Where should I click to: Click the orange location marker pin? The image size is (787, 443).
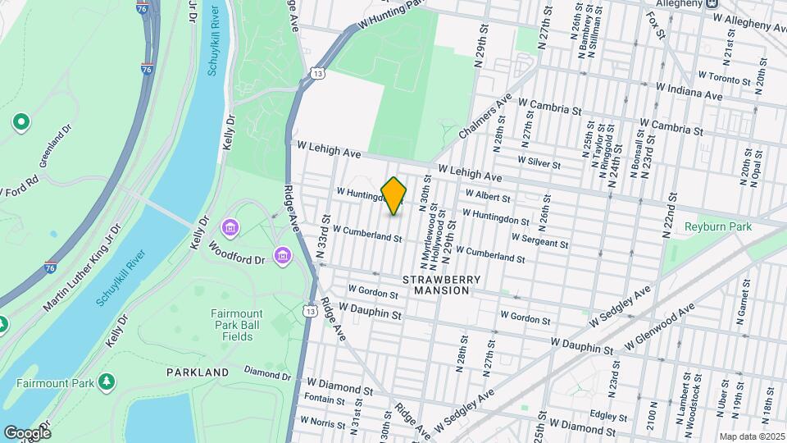(x=393, y=196)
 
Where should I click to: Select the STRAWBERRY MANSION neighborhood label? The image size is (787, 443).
(x=441, y=285)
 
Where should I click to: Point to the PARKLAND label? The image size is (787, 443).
(x=198, y=372)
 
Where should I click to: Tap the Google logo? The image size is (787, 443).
(x=27, y=432)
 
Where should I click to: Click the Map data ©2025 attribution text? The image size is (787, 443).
(x=753, y=436)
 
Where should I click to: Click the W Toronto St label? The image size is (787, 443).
(x=724, y=79)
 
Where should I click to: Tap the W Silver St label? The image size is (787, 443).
(x=539, y=162)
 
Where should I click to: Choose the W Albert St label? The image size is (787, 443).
(x=488, y=196)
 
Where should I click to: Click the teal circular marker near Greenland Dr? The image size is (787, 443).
(x=20, y=123)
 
